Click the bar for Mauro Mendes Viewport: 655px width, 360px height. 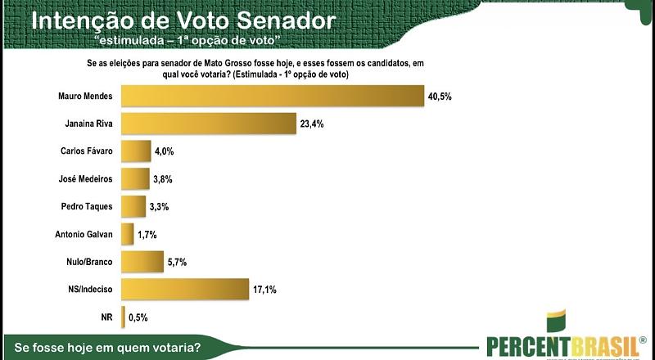point(273,97)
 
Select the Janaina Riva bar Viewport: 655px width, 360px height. point(208,124)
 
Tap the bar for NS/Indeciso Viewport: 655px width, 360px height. point(184,289)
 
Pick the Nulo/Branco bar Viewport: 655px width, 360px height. point(142,262)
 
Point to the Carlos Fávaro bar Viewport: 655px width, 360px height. point(136,151)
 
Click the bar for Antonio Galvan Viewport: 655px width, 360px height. point(127,235)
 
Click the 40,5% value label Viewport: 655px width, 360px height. point(440,97)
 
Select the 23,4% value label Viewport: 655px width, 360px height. point(311,124)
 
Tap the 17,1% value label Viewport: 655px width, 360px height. point(264,289)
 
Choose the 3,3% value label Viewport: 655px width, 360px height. point(159,207)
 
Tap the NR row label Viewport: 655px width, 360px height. point(105,317)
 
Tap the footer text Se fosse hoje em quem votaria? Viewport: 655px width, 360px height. point(102,347)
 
